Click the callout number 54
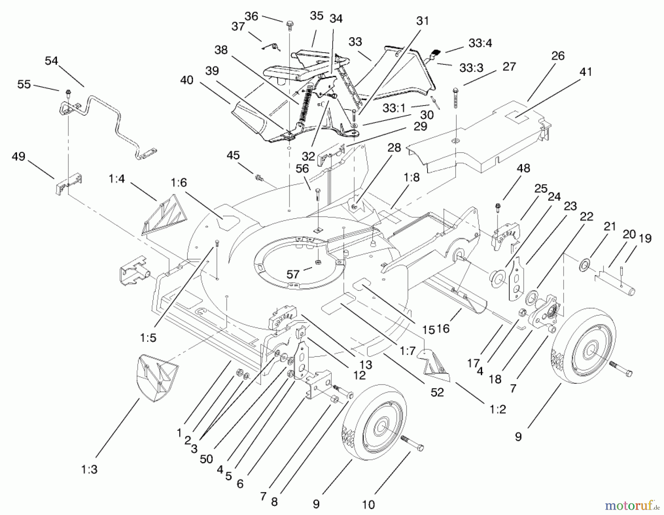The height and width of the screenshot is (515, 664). [x=51, y=61]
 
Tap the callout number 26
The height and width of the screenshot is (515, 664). [x=558, y=56]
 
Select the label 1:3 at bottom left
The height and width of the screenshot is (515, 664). [x=89, y=469]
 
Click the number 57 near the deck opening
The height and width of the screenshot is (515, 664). [x=293, y=274]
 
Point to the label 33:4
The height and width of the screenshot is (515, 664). [x=480, y=43]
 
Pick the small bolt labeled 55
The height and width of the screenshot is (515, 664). [x=68, y=92]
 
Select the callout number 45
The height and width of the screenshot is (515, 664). [x=233, y=155]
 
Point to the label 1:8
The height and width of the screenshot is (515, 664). [x=411, y=177]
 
